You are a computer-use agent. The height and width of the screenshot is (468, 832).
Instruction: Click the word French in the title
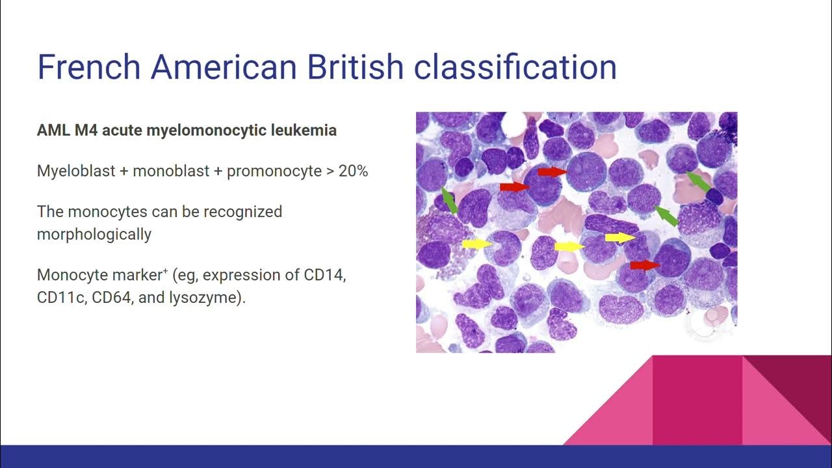pyautogui.click(x=89, y=67)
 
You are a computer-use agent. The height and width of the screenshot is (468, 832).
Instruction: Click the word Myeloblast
pyautogui.click(x=72, y=171)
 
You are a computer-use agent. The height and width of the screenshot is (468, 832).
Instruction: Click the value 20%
pyautogui.click(x=353, y=171)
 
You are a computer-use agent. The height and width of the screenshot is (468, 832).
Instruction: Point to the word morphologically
pyautogui.click(x=94, y=234)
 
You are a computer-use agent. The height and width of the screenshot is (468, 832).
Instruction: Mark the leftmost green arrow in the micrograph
pyautogui.click(x=448, y=200)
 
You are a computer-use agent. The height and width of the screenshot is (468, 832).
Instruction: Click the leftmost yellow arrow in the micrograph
pyautogui.click(x=477, y=244)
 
